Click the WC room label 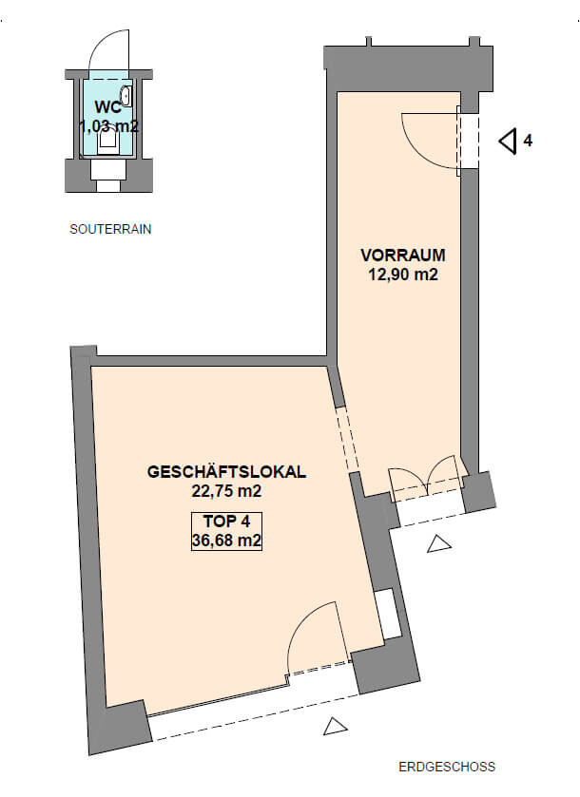(108, 107)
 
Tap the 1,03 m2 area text (108, 126)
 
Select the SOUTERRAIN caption (110, 229)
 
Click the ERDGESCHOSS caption (447, 767)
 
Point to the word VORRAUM (403, 256)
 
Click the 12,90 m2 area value (403, 275)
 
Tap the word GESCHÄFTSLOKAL (226, 471)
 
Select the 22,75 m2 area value (226, 491)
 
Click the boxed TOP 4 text (226, 522)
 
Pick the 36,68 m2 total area (226, 541)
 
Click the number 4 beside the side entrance (528, 141)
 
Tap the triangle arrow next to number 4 (508, 141)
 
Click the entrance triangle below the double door (438, 544)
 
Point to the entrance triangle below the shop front (336, 727)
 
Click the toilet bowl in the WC (107, 140)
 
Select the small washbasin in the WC (126, 96)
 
